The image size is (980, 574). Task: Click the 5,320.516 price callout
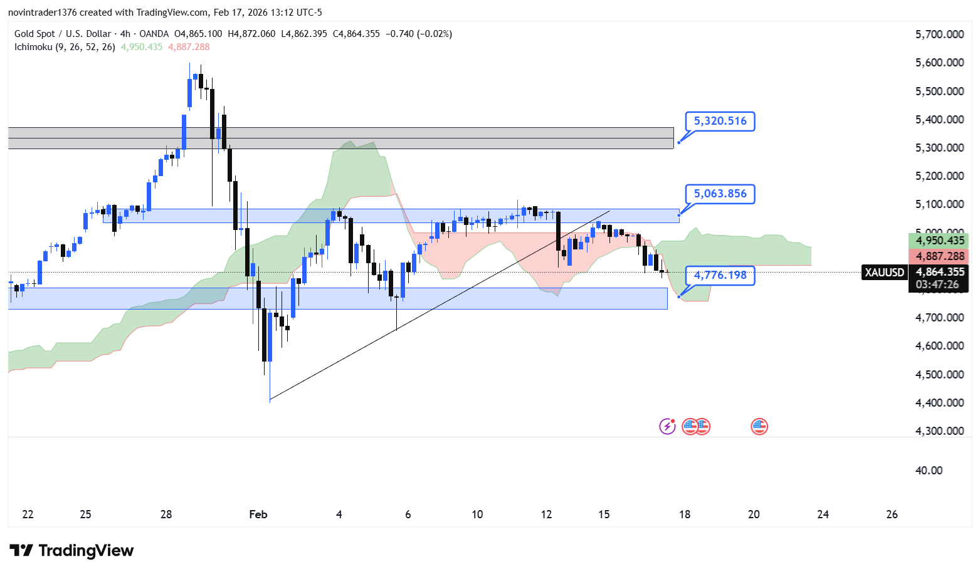(720, 121)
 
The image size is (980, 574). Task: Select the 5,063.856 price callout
(720, 194)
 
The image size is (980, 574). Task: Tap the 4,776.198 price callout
(720, 275)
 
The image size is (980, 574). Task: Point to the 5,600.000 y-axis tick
(939, 63)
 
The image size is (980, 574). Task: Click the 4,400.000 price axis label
(939, 403)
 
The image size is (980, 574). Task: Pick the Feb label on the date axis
(258, 514)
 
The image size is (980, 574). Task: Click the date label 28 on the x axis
(166, 514)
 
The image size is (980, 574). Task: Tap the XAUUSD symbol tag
(884, 273)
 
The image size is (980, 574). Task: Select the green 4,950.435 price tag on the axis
(939, 241)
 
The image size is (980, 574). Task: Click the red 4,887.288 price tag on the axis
(939, 256)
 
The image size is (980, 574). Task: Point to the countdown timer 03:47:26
(937, 285)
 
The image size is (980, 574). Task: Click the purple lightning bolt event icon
(667, 427)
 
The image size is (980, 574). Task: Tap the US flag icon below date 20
(759, 427)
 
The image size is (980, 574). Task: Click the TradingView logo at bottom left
(71, 551)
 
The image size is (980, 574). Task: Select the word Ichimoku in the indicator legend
(33, 47)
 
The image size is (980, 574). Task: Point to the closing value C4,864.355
(356, 34)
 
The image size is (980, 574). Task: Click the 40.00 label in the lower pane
(929, 471)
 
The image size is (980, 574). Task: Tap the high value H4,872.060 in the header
(251, 34)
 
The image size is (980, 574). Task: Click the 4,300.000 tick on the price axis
(939, 431)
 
